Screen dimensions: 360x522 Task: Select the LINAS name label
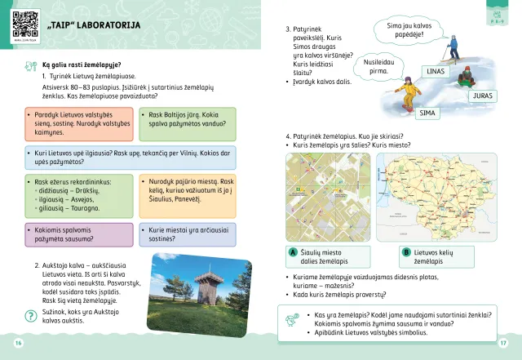point(436,71)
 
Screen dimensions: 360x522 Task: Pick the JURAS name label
point(481,96)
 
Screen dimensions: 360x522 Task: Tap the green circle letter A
point(292,253)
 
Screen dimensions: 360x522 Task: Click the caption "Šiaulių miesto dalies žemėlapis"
point(326,256)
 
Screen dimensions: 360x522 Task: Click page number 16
point(19,342)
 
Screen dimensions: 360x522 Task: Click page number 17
point(503,342)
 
